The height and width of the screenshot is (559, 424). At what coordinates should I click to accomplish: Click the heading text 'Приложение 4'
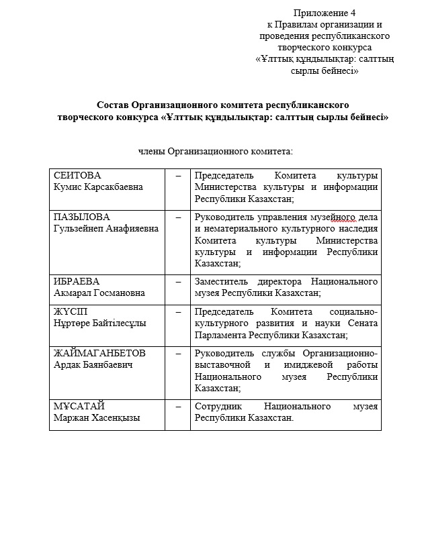pyautogui.click(x=325, y=13)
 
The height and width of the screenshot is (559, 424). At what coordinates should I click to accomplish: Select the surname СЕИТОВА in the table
pyautogui.click(x=77, y=174)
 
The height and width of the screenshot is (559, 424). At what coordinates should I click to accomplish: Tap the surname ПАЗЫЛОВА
pyautogui.click(x=81, y=217)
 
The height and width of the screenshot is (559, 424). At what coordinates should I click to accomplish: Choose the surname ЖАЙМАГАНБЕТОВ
pyautogui.click(x=99, y=353)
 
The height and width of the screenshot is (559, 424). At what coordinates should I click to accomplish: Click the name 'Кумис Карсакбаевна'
pyautogui.click(x=98, y=187)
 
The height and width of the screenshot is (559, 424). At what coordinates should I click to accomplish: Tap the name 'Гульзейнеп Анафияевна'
pyautogui.click(x=106, y=229)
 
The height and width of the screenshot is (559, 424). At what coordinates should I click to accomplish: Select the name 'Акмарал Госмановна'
pyautogui.click(x=99, y=293)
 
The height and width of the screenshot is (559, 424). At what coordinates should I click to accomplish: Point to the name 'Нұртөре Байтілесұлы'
pyautogui.click(x=100, y=323)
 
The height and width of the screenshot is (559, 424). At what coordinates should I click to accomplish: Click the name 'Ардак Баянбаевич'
pyautogui.click(x=93, y=364)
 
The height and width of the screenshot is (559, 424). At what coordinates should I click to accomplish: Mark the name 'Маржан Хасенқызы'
pyautogui.click(x=97, y=417)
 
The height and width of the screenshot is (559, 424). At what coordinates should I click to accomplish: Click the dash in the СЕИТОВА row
pyautogui.click(x=177, y=175)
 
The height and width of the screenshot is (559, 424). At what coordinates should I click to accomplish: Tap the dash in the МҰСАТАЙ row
pyautogui.click(x=177, y=406)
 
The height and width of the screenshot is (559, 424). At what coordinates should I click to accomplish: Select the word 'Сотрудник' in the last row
pyautogui.click(x=217, y=406)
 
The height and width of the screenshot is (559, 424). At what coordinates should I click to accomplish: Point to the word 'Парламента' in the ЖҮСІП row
pyautogui.click(x=219, y=334)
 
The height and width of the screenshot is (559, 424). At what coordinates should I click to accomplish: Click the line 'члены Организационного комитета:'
pyautogui.click(x=216, y=151)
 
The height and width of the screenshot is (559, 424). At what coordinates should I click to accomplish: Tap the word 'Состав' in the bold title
pyautogui.click(x=112, y=105)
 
